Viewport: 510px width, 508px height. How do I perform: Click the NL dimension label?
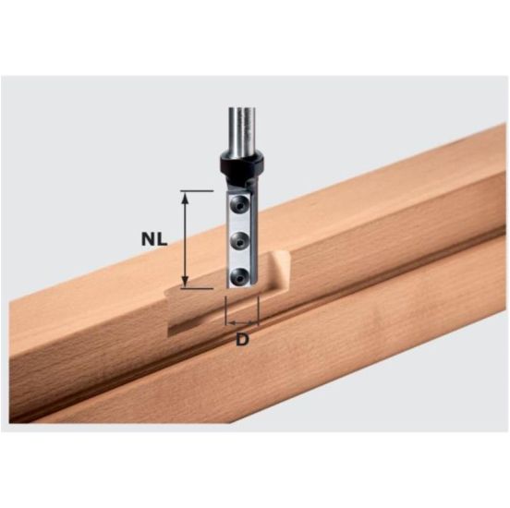[x=155, y=238]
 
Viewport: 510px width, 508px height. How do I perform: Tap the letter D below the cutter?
[x=243, y=340]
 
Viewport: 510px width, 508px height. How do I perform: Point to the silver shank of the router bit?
[x=244, y=125]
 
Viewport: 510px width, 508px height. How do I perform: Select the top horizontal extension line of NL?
[x=200, y=191]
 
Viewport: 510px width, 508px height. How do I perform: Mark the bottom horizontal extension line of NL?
[x=200, y=287]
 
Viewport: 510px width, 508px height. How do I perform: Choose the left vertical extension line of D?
[x=227, y=309]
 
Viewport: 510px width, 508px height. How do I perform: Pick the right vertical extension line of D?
[x=259, y=309]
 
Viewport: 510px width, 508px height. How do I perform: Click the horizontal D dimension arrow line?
[x=243, y=322]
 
